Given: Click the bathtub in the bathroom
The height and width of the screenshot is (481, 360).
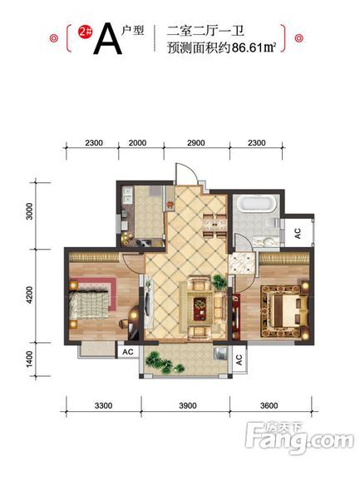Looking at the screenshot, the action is tap(257, 204).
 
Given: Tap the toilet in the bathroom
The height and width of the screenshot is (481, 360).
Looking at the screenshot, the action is tap(273, 222).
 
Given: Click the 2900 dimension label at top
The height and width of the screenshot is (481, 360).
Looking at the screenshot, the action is tap(195, 143).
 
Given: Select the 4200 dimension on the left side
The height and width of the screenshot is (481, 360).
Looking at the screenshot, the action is tap(29, 295).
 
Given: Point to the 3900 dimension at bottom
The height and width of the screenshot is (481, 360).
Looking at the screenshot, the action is tap(188, 406).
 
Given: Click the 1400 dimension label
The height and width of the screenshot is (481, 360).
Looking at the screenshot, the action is tap(29, 359).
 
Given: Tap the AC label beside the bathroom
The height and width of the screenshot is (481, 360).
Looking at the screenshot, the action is tap(298, 233).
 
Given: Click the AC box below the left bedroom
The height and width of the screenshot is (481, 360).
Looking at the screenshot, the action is tap(128, 351).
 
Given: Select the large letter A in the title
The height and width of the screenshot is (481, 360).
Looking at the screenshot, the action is tap(107, 39).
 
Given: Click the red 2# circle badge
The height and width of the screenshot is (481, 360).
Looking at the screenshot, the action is tap(85, 32).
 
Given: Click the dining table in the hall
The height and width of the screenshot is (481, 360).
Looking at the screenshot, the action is tap(215, 225).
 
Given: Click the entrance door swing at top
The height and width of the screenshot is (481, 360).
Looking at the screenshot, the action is tap(186, 174).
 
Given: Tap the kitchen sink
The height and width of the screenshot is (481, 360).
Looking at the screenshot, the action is tap(127, 196).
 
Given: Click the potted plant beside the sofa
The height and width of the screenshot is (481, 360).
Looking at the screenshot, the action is tap(219, 282).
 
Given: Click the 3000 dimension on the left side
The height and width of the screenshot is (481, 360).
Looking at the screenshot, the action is tap(29, 211).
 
